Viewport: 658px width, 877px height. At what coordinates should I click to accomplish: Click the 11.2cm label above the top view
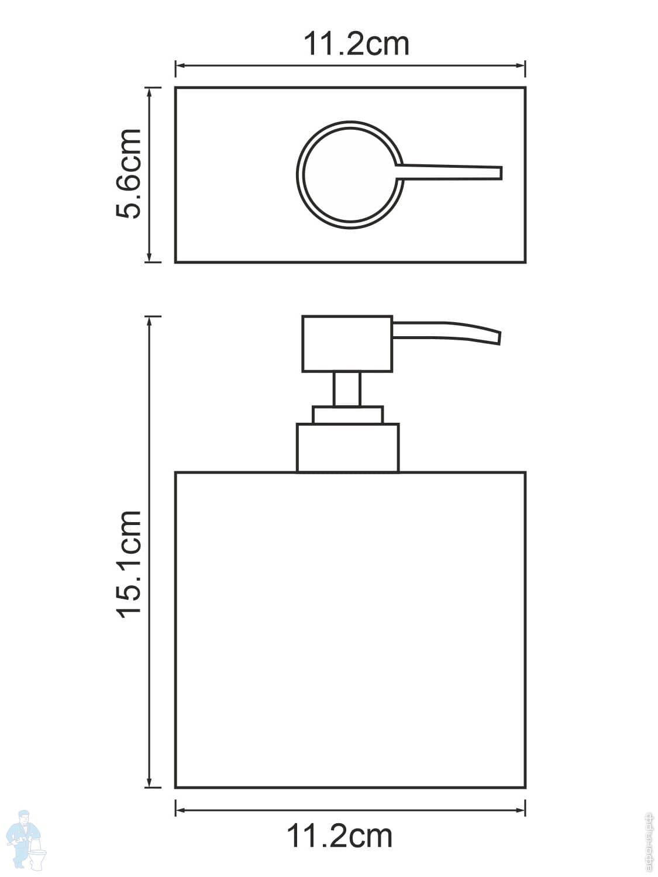pos(356,44)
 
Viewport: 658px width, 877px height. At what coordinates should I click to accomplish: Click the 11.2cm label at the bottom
pos(339,836)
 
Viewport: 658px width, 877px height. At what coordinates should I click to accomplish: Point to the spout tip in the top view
pos(498,172)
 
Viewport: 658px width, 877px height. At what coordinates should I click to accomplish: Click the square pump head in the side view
pos(347,344)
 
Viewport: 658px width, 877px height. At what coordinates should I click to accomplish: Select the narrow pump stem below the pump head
pos(347,389)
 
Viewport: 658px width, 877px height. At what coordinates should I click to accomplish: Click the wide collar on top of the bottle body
pos(347,448)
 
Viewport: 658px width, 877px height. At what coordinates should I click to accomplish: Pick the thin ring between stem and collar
pos(347,415)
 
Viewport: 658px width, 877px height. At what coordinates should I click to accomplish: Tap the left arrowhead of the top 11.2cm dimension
pos(179,66)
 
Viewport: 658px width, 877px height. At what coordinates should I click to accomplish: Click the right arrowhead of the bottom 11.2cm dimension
pos(521,810)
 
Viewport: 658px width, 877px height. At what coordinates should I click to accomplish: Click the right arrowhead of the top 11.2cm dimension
pos(521,66)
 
